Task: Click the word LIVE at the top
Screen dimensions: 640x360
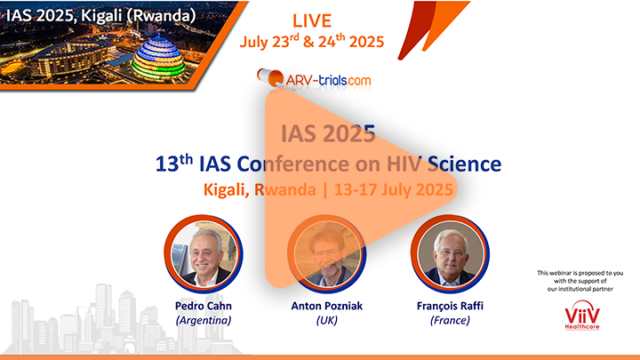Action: pos(312,20)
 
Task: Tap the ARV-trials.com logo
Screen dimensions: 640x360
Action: pos(314,78)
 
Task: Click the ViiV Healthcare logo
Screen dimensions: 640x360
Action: pos(582,315)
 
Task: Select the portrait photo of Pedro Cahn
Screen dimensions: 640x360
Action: pos(204,253)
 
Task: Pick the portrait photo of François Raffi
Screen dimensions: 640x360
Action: pos(450,253)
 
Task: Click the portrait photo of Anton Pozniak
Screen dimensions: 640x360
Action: pos(326,253)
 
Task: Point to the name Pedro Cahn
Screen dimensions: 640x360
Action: pos(204,306)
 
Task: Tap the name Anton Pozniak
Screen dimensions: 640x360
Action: pos(326,306)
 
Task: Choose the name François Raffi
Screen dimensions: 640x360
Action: pos(450,306)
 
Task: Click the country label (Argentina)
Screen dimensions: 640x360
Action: pos(204,320)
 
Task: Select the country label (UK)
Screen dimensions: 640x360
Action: pos(326,320)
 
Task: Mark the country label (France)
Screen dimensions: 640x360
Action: pos(450,320)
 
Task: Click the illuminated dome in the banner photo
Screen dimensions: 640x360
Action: pos(159,58)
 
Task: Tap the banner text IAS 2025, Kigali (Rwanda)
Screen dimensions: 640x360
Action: pos(100,15)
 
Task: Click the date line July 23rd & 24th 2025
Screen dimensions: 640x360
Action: pos(312,41)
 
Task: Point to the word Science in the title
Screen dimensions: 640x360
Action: pos(464,164)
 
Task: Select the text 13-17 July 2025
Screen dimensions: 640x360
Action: pos(394,190)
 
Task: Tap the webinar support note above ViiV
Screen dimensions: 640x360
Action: pos(580,281)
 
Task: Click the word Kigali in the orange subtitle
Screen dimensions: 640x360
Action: pos(227,190)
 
